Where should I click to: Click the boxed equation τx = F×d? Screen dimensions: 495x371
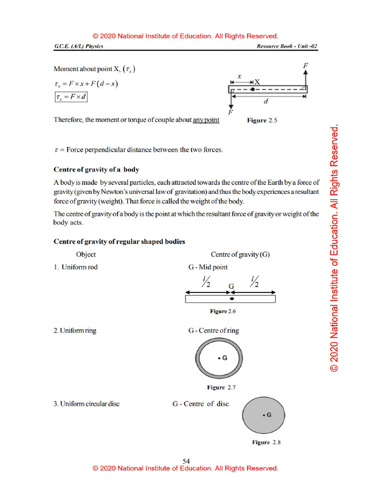tap(71, 97)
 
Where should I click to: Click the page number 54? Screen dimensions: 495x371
tap(186, 461)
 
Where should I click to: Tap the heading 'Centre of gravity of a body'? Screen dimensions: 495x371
tap(96, 170)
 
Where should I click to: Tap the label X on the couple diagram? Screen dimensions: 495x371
tap(257, 82)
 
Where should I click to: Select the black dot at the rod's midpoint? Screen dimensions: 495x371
tap(232, 299)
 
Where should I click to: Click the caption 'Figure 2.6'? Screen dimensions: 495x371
tap(223, 311)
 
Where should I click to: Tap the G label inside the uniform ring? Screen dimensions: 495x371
tap(224, 358)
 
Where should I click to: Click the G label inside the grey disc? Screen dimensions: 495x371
tap(268, 415)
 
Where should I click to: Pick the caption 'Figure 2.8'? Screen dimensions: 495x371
tap(266, 442)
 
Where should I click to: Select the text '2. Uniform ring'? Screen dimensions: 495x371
tap(75, 331)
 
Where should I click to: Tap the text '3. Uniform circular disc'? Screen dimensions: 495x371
tap(86, 404)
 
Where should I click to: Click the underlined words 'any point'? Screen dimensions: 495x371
tap(206, 119)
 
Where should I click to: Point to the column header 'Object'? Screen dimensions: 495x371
tap(86, 254)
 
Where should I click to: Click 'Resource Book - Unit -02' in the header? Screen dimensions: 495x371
tap(287, 46)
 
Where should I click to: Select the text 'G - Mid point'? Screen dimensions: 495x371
tap(208, 267)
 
